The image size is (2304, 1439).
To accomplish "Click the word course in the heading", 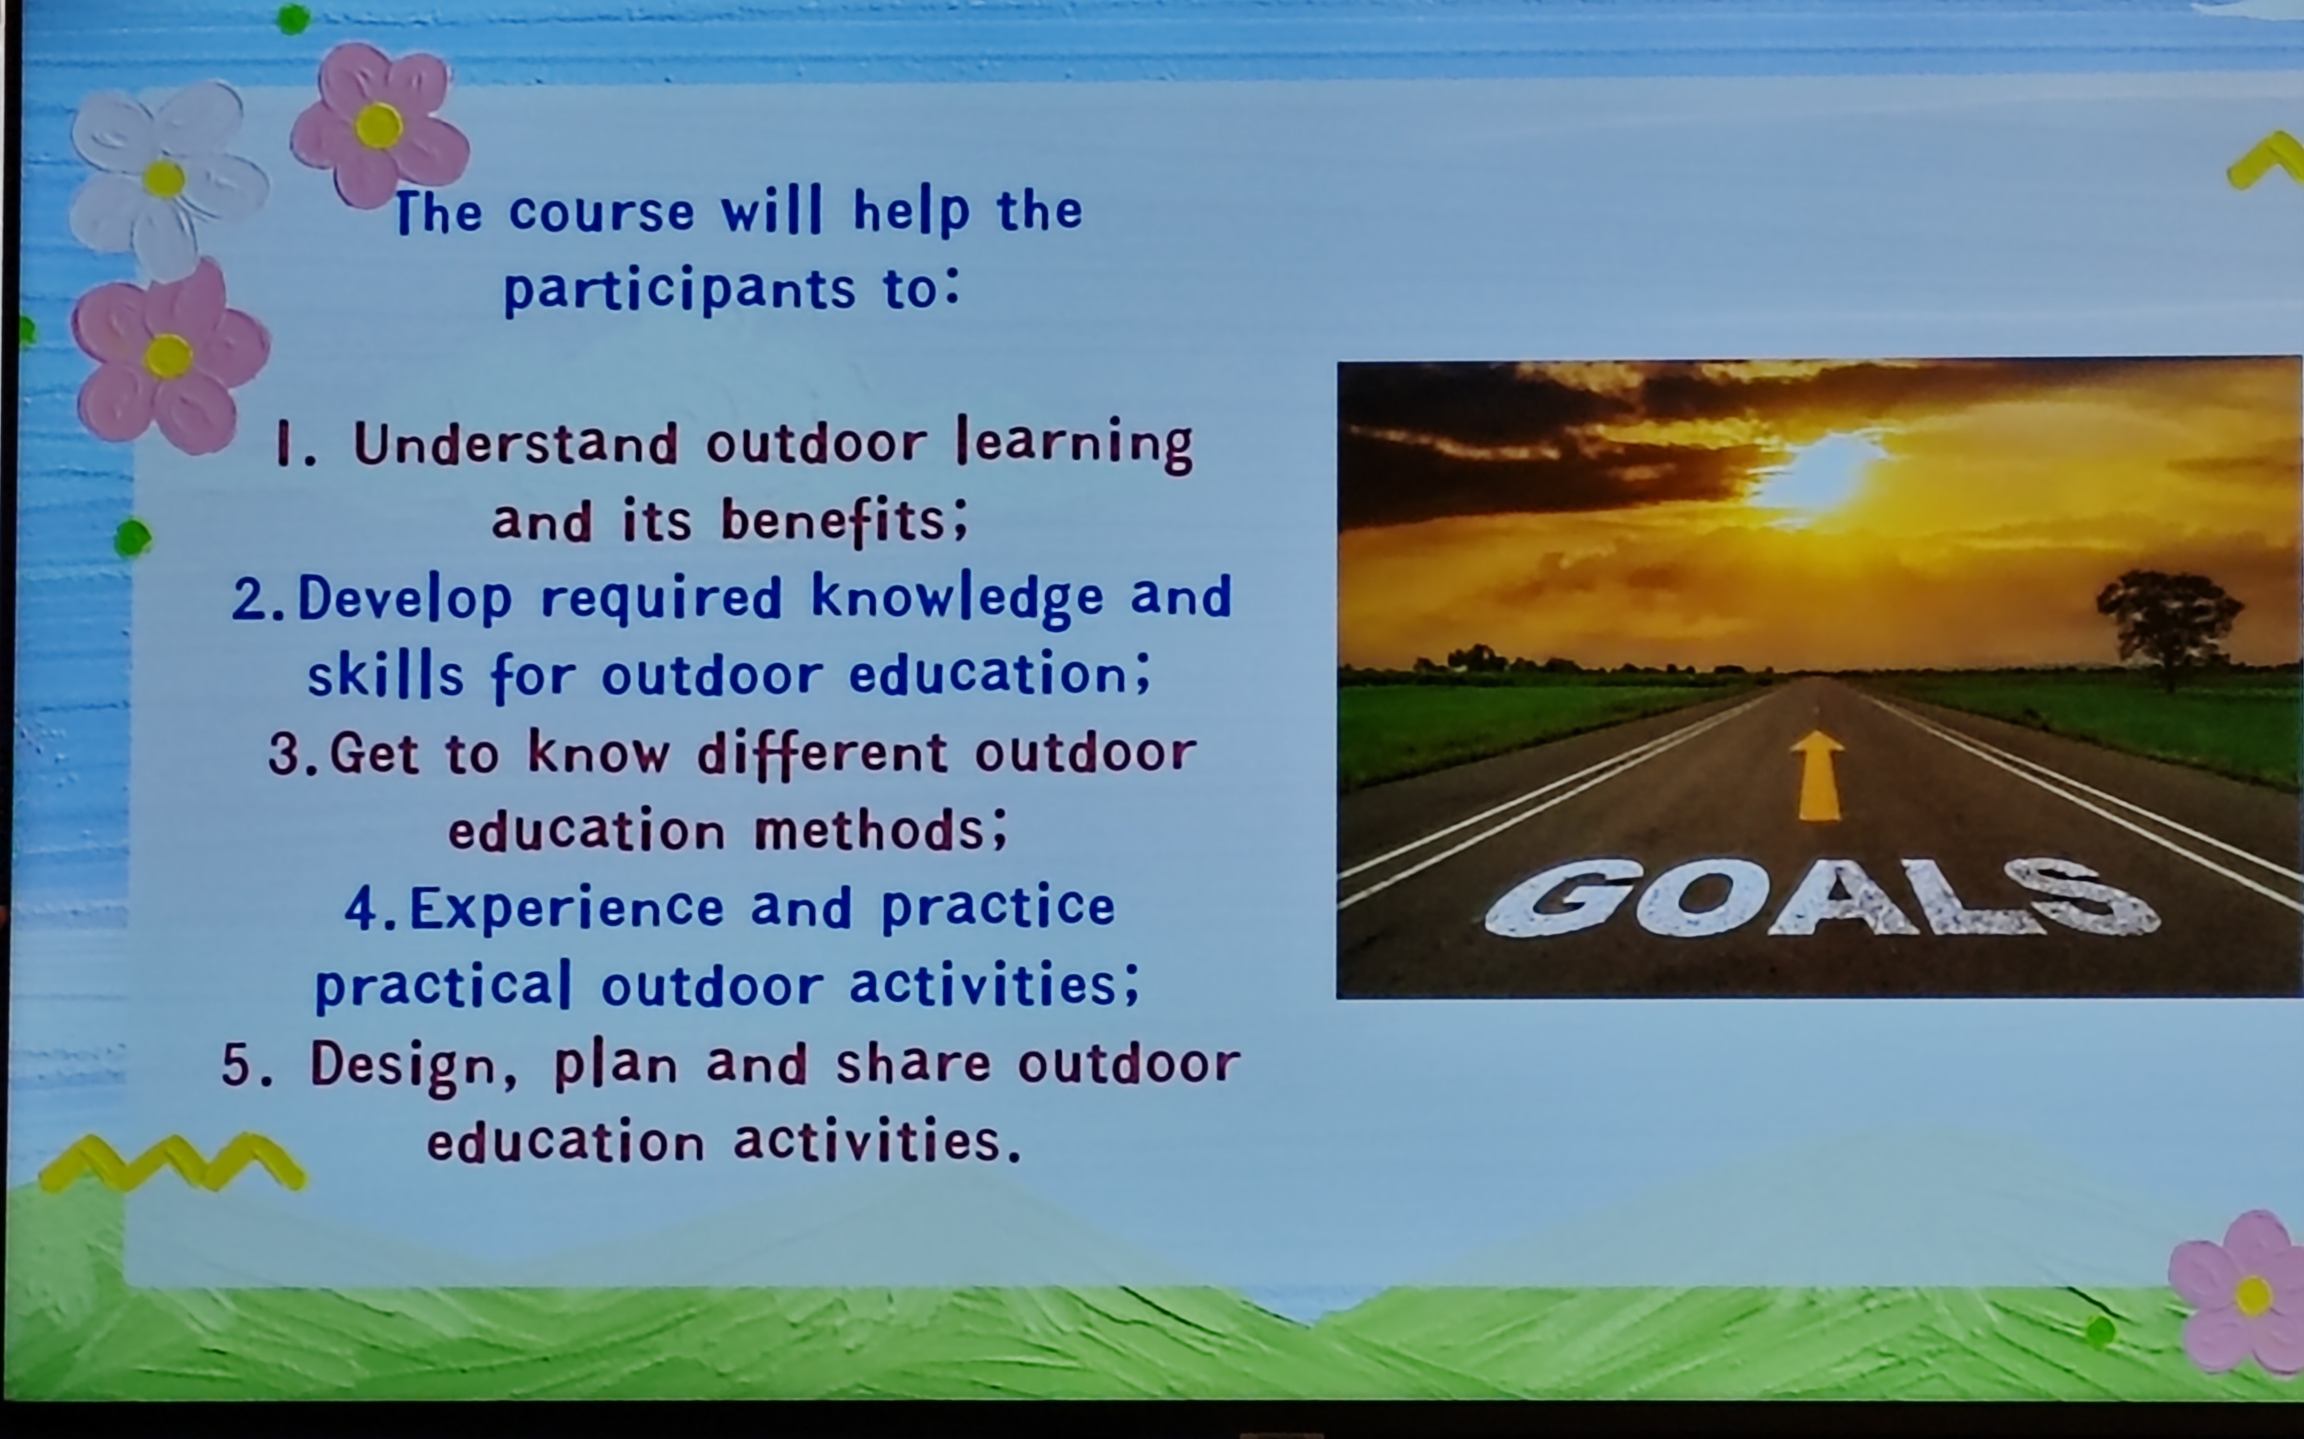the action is click(x=602, y=212).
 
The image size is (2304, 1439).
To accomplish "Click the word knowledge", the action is click(x=957, y=599).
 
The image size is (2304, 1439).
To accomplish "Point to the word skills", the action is click(x=385, y=674).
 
